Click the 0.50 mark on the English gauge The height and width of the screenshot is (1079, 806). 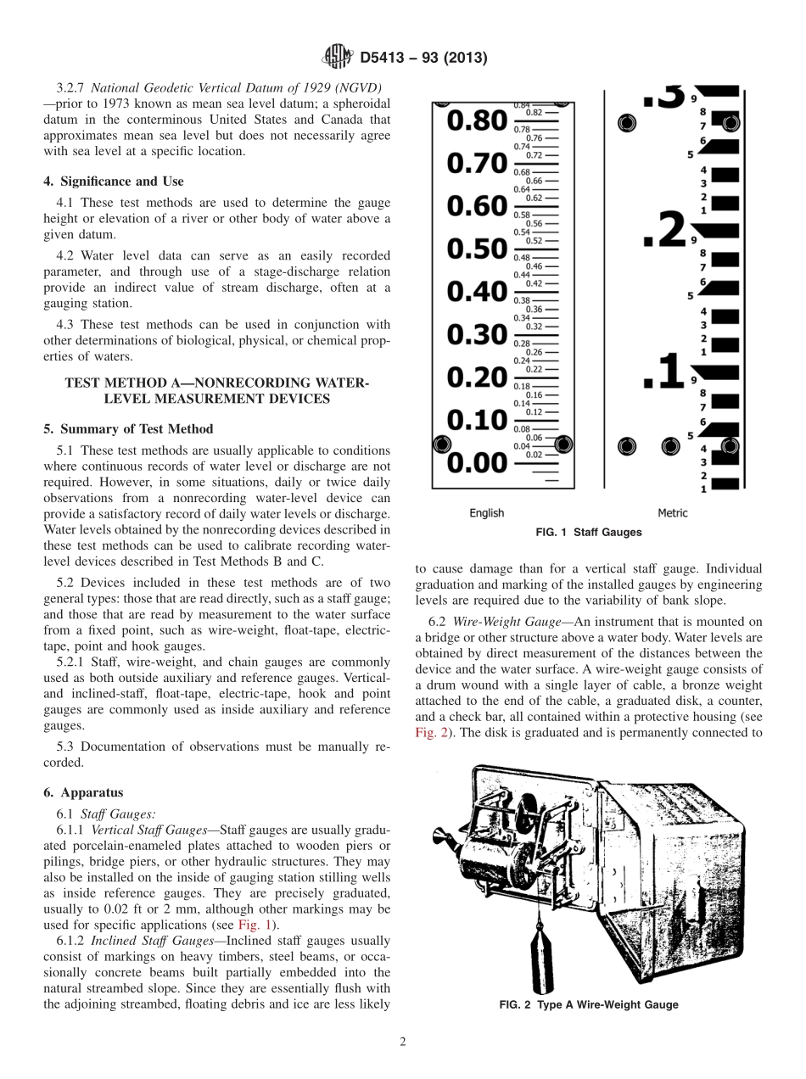point(476,249)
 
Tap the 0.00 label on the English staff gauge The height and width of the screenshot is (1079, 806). point(476,463)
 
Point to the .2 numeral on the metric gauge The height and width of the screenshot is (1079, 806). point(663,230)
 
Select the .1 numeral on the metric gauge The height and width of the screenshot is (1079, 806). point(663,372)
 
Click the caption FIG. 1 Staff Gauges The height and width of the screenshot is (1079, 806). point(589,533)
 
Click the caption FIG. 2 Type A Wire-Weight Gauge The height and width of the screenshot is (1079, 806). point(589,1004)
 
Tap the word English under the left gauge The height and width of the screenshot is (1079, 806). point(487,512)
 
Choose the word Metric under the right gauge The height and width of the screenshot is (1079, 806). point(673,512)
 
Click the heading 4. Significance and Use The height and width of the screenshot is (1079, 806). point(114,181)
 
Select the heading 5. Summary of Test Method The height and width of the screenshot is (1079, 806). point(128,428)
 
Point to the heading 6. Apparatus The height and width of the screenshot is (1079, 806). point(83,792)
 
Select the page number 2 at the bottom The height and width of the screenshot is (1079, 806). point(402,1043)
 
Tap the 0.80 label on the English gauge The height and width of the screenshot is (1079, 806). point(476,120)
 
